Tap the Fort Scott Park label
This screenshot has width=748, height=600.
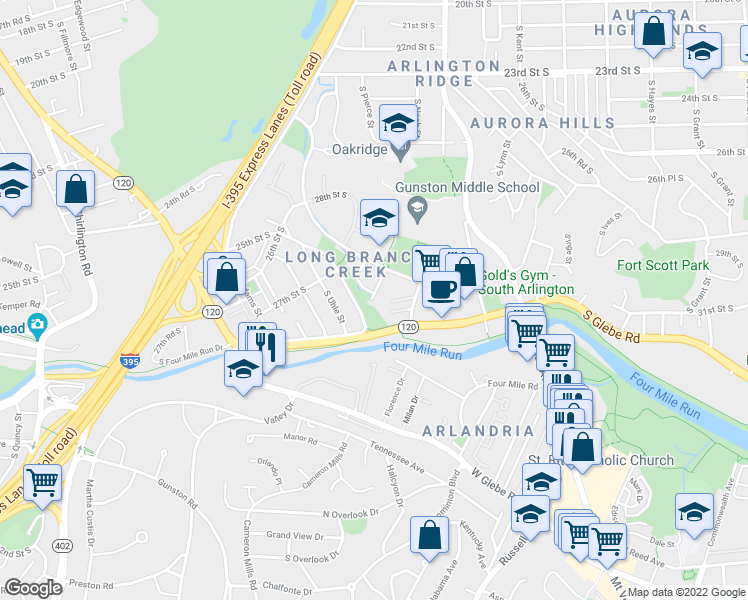click(662, 265)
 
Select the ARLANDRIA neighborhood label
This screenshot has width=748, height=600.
click(478, 430)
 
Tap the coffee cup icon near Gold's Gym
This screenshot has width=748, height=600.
click(440, 289)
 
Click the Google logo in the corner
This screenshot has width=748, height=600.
click(33, 588)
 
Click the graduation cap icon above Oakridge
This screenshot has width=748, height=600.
click(398, 122)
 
